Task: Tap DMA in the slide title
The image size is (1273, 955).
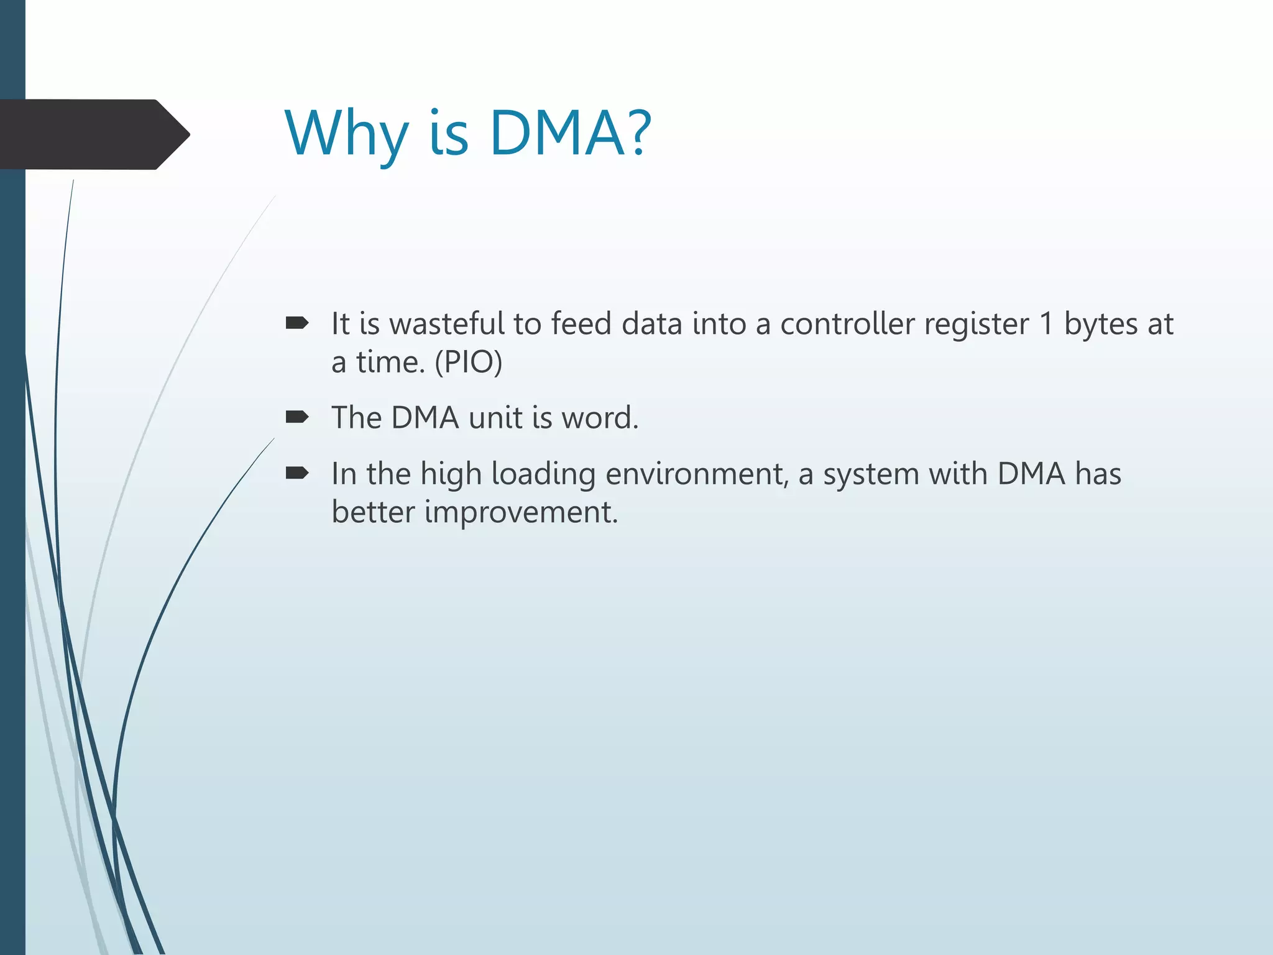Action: (556, 133)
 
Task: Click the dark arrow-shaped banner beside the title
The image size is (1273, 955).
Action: (93, 134)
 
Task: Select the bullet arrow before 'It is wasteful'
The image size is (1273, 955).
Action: (296, 323)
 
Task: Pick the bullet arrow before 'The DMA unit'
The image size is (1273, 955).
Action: (296, 417)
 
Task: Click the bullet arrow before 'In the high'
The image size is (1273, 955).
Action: (296, 474)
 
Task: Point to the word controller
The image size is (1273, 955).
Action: (847, 324)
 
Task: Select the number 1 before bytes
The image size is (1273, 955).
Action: (1046, 324)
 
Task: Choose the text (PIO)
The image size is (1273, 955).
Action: (468, 362)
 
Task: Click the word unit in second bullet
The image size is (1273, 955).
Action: (495, 417)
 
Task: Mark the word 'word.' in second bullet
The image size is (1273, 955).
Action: (600, 417)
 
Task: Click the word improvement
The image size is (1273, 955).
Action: (521, 514)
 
